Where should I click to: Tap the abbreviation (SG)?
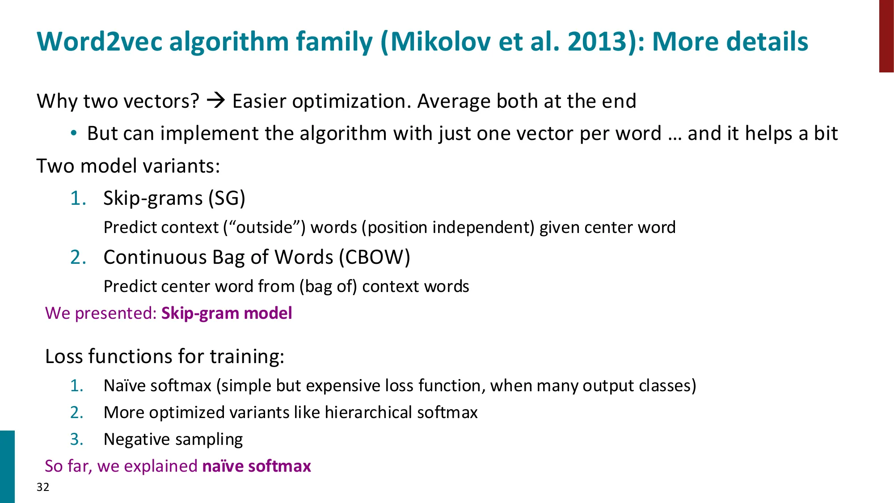pyautogui.click(x=227, y=198)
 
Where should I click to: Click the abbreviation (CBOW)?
pyautogui.click(x=374, y=257)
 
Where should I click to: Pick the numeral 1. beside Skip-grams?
pyautogui.click(x=78, y=198)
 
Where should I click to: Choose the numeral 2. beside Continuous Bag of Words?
pyautogui.click(x=78, y=257)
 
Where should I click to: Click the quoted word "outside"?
pyautogui.click(x=265, y=227)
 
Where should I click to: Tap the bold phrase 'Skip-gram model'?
pyautogui.click(x=227, y=313)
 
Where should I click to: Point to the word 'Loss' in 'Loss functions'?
pyautogui.click(x=64, y=356)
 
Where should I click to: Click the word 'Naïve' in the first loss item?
pyautogui.click(x=124, y=385)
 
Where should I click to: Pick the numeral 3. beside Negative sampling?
pyautogui.click(x=77, y=439)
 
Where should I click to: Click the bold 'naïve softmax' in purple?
pyautogui.click(x=257, y=466)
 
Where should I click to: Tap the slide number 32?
pyautogui.click(x=43, y=487)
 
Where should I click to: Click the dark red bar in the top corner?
pyautogui.click(x=886, y=36)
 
